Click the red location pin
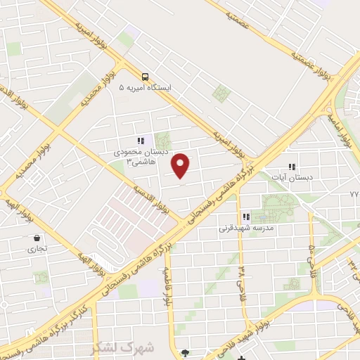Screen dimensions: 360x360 [x=181, y=166]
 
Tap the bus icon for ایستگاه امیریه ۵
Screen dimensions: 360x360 [x=145, y=76]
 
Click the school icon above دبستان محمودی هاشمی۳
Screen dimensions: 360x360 [x=141, y=140]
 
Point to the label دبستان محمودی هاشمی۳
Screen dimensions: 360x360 [x=139, y=155]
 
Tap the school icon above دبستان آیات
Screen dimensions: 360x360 [x=292, y=167]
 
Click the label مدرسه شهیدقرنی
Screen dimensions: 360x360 [x=244, y=228]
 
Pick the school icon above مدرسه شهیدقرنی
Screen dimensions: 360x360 [x=245, y=217]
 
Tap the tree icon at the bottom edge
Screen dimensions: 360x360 [x=186, y=353]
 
